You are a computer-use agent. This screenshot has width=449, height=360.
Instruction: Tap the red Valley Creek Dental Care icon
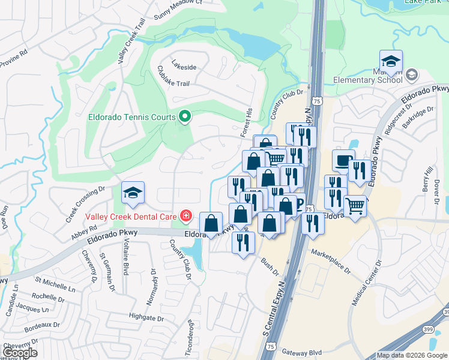point(185,216)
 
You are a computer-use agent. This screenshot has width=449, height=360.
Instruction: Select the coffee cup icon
point(343,160)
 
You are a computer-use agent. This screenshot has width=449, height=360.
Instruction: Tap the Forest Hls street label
point(246,122)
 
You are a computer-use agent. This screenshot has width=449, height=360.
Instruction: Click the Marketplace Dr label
point(330,262)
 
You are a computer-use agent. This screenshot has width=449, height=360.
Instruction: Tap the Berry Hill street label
point(428,179)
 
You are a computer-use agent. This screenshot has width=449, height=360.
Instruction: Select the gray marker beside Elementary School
point(412,75)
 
